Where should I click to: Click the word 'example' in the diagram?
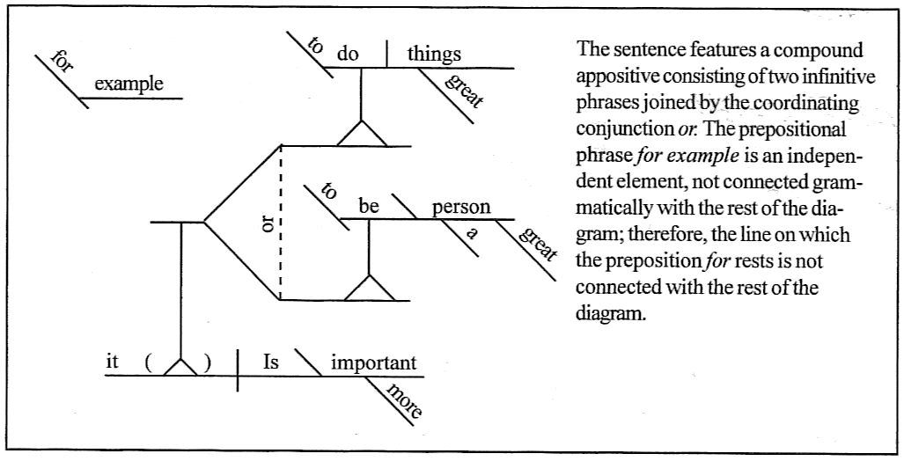point(129,84)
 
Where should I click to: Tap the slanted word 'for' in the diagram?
point(61,62)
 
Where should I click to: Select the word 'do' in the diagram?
point(348,55)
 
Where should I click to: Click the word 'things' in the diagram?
point(434,55)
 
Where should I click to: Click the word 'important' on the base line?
point(373,362)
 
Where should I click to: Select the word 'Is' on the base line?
point(272,362)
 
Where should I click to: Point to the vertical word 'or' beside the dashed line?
point(268,223)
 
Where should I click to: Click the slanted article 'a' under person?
point(472,234)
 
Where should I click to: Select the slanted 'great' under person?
point(537,245)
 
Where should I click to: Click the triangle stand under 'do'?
point(362,133)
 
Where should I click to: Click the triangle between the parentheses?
point(180,366)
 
